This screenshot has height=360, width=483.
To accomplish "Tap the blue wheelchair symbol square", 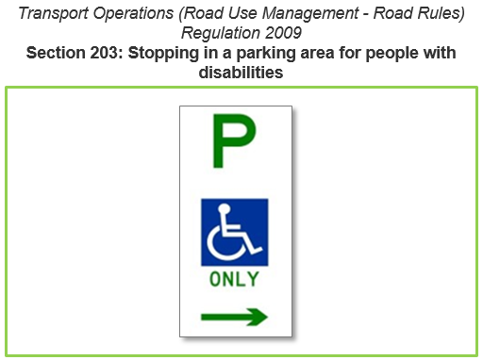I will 235,233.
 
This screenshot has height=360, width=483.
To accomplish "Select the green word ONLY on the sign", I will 234,280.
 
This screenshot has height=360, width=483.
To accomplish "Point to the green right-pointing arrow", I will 234,318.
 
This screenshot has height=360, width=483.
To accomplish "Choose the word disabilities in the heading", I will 241,72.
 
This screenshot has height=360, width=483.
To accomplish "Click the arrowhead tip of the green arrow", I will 265,318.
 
